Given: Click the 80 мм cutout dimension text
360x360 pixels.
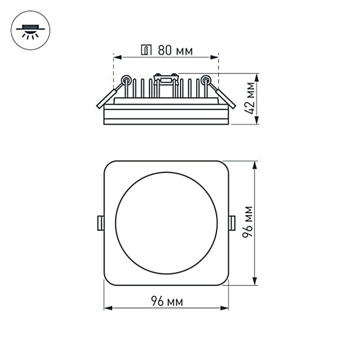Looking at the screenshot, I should coord(175,51).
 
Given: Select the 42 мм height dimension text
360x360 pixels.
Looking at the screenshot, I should coord(251,98).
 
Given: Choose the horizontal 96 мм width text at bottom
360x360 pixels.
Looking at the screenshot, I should coord(167,301).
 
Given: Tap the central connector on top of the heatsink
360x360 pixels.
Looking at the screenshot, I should coord(166,78).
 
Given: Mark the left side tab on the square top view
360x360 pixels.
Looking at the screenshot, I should coord(100,223).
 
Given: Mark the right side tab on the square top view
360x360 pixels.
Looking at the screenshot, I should coord(232,223).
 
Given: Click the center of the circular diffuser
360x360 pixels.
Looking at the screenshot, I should coord(166,223).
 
